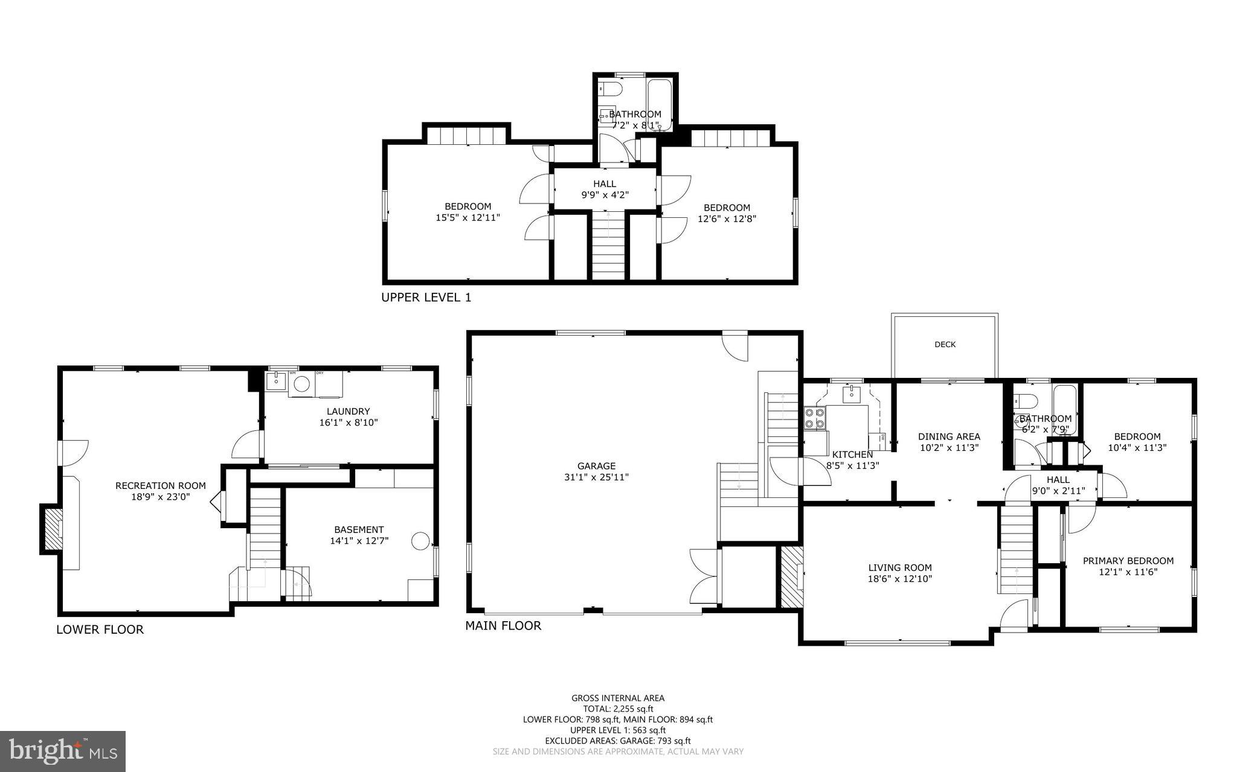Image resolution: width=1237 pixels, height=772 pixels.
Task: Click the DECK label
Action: (x=945, y=345)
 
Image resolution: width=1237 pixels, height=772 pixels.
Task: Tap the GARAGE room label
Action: (x=596, y=466)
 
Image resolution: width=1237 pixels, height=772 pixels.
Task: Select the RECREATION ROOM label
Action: (x=160, y=485)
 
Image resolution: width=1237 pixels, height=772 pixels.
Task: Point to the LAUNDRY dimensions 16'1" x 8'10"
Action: (x=349, y=423)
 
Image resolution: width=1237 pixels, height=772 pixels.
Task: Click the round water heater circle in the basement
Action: (x=420, y=541)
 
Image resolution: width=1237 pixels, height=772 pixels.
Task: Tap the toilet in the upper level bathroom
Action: (x=611, y=91)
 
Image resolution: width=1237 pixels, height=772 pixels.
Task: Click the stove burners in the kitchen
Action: (x=815, y=418)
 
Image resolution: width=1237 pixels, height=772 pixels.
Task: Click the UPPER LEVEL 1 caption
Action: (x=426, y=298)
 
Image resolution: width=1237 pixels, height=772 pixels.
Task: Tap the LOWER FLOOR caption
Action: (x=100, y=630)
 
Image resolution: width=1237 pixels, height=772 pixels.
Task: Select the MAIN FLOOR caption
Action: (x=503, y=626)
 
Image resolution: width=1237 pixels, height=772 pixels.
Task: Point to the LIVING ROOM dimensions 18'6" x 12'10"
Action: (x=900, y=579)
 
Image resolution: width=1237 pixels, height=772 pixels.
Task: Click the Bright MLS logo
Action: (x=63, y=751)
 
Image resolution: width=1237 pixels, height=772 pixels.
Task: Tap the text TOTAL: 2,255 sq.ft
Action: (x=618, y=709)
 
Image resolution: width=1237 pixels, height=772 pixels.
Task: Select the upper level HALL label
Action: (x=605, y=184)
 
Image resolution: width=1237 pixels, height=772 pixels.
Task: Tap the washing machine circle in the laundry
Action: (x=301, y=384)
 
